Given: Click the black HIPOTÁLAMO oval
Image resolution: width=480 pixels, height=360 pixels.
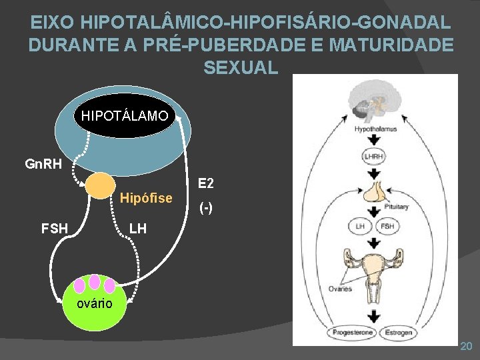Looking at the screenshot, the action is coord(125,115).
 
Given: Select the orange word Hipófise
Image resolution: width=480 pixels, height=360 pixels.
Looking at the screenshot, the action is coord(146,198).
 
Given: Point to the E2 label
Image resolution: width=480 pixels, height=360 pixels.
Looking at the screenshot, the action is coord(205,183).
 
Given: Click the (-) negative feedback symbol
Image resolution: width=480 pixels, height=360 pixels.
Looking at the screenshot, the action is coord(207,208).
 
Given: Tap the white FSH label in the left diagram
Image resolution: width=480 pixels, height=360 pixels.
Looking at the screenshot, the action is coord(55,229).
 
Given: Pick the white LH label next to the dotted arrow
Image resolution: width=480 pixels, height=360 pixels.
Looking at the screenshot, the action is coord(137,229).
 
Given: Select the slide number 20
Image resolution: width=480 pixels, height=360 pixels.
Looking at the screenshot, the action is coord(466,346).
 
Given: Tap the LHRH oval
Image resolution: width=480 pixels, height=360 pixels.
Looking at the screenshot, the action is coord(374,157).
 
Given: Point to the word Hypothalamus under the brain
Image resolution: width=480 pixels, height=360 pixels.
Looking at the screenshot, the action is coord(375,128).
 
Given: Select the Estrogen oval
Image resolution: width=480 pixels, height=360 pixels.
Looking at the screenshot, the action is coord(397,332).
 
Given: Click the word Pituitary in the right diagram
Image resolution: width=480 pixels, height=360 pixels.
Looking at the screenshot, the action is coord(396,207).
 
